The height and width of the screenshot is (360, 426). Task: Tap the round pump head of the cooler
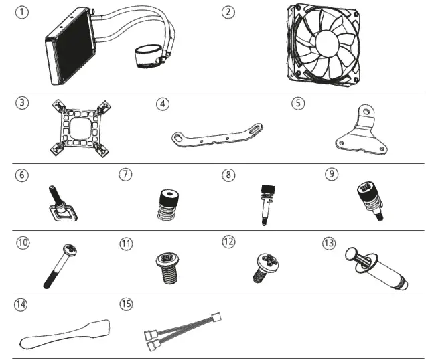point(149,56)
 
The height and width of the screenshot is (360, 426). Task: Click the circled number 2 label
point(230,12)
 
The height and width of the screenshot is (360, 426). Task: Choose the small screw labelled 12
point(263,266)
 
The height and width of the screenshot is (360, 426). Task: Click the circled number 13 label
point(329,242)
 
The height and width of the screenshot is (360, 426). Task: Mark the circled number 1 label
point(23,12)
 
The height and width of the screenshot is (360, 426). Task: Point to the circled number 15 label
point(126,305)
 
